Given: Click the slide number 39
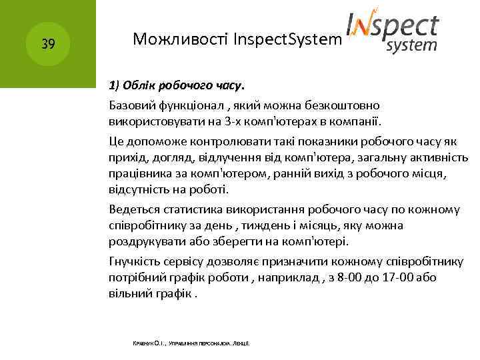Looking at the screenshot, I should (x=47, y=45).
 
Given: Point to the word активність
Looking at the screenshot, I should (x=440, y=157).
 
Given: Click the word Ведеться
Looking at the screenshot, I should (x=134, y=209).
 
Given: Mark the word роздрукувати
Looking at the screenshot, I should (x=147, y=242).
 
